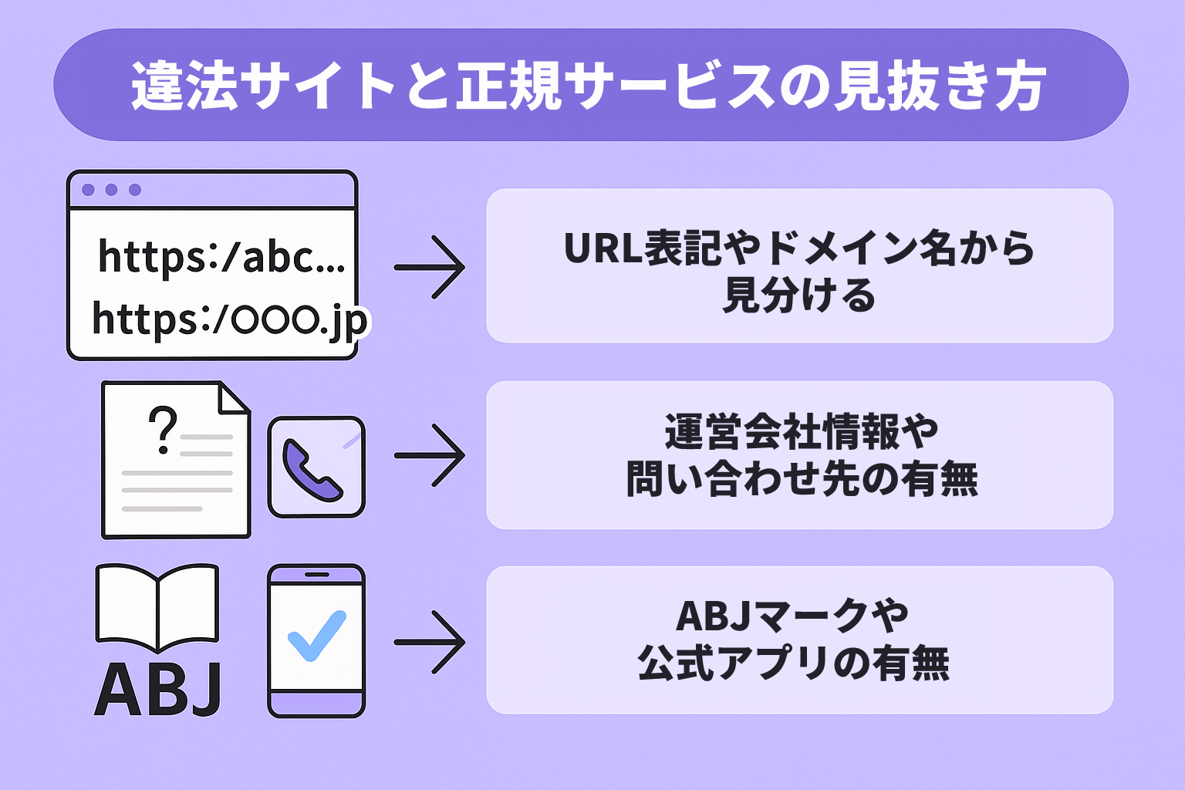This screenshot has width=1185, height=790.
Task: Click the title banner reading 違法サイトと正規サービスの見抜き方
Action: point(590,85)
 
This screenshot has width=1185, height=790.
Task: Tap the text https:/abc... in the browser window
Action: point(221,256)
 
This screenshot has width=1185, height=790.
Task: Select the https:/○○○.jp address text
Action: point(230,319)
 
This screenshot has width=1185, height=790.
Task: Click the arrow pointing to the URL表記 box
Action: point(430,267)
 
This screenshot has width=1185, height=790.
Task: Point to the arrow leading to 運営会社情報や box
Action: point(430,455)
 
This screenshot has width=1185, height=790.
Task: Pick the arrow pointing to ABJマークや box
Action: point(430,642)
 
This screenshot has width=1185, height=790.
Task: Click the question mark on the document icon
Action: point(163,430)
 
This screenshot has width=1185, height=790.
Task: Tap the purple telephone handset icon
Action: point(312,470)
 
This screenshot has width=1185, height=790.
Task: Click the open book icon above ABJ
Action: point(157,608)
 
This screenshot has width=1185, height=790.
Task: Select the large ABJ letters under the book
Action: point(158,690)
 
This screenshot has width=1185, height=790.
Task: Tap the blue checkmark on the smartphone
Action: point(316,636)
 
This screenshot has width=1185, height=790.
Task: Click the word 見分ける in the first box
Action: point(799,295)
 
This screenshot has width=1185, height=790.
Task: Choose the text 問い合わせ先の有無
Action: point(802,479)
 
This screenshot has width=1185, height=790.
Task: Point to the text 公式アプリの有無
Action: point(794,663)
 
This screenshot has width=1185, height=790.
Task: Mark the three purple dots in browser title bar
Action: point(111,190)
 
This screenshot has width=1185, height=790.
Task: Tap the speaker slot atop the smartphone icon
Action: point(316,575)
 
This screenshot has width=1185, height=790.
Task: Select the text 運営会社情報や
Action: point(801,431)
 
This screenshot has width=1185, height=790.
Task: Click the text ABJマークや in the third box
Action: point(792,616)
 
